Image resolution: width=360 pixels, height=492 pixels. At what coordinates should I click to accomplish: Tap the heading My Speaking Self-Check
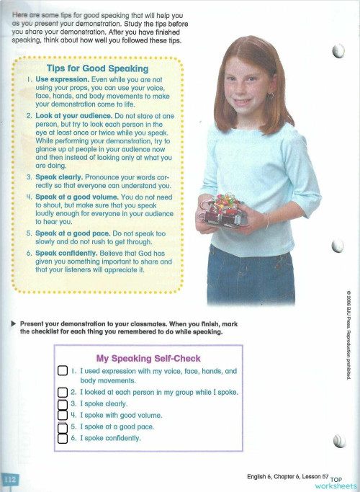click(x=148, y=358)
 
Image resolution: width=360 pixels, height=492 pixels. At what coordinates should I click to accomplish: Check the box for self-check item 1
click(x=62, y=372)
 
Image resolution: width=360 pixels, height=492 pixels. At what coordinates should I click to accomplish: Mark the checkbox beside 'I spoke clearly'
click(x=62, y=404)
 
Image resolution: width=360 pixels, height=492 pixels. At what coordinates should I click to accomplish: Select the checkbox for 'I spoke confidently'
click(x=62, y=438)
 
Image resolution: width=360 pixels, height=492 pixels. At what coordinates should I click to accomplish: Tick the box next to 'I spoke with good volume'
click(x=62, y=416)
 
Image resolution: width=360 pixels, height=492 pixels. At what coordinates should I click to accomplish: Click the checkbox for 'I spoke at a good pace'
click(x=62, y=427)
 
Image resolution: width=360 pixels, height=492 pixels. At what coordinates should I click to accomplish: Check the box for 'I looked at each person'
click(x=62, y=393)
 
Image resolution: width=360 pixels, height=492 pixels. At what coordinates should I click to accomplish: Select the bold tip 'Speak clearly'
click(x=62, y=176)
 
